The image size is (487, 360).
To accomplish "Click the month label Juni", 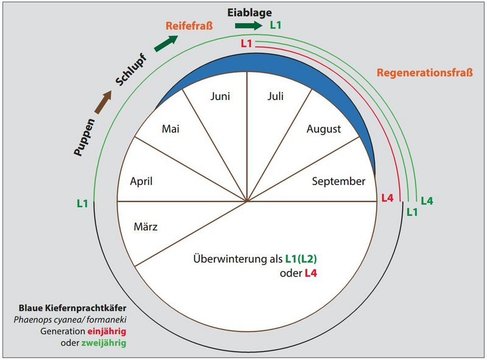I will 220,96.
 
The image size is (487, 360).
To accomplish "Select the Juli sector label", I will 276,96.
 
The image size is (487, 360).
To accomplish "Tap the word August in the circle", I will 323,129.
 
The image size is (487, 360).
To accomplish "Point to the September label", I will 338,181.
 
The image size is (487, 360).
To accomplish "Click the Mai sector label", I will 170,129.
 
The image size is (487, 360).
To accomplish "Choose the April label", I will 141,181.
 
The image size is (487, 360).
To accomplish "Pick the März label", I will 145,227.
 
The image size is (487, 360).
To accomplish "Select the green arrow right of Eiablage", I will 247,26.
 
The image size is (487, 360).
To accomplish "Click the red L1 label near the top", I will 245,43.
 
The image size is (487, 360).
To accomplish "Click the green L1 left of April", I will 83,203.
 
